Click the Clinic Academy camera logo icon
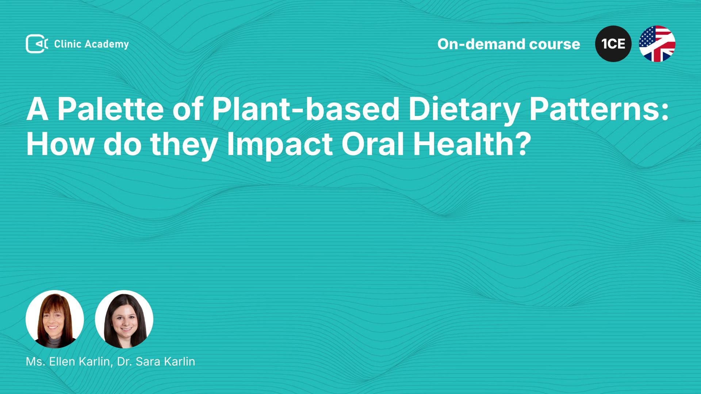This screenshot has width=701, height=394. pos(37,44)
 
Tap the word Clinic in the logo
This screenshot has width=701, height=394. pos(68,44)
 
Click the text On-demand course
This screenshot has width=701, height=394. pos(509,44)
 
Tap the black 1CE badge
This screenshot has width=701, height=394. pos(613,44)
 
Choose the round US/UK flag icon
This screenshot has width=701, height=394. pos(657,44)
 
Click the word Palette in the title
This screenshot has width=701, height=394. pos(111,109)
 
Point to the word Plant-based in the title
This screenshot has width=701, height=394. pos(306,109)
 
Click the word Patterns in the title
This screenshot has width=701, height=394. pos(595,109)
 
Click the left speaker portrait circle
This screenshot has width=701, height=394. pos(55,319)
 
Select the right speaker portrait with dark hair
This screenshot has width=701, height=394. pos(124,319)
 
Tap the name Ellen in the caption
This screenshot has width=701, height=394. pos(62,362)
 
